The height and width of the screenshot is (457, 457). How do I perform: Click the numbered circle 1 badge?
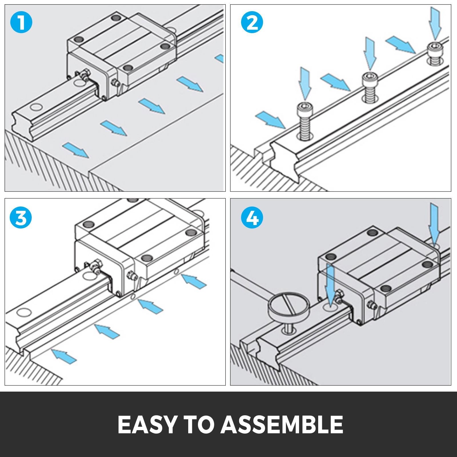tap(21, 22)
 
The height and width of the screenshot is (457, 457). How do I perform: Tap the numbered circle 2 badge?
tap(252, 22)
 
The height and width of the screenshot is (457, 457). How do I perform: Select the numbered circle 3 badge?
tap(21, 218)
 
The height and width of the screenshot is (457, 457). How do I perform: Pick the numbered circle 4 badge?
tap(252, 218)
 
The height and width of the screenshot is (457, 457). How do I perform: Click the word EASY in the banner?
tap(148, 425)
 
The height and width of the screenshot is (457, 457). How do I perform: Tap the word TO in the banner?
tap(199, 425)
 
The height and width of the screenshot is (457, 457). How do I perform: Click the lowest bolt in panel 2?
tap(305, 121)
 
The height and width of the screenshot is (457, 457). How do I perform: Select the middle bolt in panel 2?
tap(370, 87)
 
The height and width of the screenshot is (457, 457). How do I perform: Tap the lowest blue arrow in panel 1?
tap(76, 150)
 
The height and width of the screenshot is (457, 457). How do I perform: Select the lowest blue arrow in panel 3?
tap(64, 356)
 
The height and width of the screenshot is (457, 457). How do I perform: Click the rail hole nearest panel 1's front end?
tap(36, 107)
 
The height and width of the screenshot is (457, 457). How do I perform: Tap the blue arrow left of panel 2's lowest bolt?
tap(270, 120)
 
